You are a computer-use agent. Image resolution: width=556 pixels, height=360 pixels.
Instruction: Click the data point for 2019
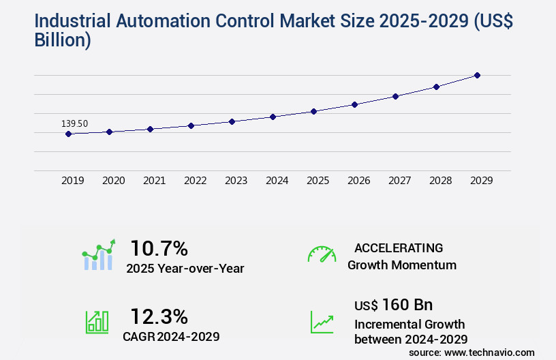[x=68, y=134]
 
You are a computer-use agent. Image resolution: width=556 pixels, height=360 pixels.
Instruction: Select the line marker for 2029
[x=477, y=75]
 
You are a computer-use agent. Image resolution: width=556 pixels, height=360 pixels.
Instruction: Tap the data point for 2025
[x=313, y=111]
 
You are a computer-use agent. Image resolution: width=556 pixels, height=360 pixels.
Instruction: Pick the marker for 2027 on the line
[x=395, y=96]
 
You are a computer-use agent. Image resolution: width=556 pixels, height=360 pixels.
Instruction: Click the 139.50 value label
[x=74, y=123]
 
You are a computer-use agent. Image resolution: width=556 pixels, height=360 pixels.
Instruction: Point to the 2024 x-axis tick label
[x=277, y=181]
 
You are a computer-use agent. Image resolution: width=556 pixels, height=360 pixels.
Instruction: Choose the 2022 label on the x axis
[x=195, y=181]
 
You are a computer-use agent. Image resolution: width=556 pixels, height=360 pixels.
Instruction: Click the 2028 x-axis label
[x=440, y=181]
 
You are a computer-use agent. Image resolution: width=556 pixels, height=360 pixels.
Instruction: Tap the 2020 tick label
[x=113, y=181]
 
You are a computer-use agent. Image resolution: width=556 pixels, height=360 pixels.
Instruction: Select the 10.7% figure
[x=159, y=247]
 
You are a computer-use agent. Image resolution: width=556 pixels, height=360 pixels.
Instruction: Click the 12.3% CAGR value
[x=159, y=316]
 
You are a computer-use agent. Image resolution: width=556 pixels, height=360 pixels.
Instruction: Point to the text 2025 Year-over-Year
[x=185, y=269]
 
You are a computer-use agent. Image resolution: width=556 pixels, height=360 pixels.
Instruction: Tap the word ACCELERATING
[x=399, y=247]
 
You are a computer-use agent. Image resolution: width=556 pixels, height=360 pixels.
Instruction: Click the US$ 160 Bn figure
[x=393, y=304]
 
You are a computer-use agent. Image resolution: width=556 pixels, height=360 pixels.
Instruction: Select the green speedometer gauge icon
[x=322, y=254]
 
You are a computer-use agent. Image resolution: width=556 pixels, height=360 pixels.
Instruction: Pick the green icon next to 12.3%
[x=97, y=322]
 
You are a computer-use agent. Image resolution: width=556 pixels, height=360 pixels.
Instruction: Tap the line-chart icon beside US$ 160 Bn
[x=322, y=322]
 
